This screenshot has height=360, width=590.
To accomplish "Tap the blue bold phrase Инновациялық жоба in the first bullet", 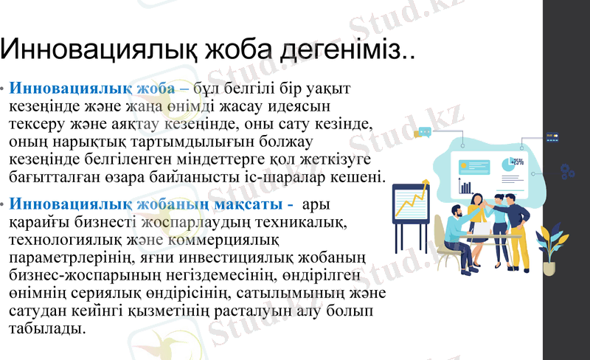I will [92, 89].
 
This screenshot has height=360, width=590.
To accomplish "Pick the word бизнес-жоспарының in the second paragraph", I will [74, 276].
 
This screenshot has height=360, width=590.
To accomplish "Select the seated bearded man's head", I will [459, 211].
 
